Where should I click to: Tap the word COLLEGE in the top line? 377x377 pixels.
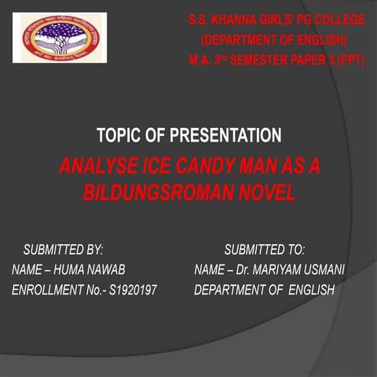click(x=337, y=20)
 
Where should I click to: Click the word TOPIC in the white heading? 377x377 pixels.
click(x=119, y=136)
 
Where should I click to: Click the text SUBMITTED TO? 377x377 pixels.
click(x=264, y=251)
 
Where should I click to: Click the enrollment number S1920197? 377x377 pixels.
click(x=130, y=290)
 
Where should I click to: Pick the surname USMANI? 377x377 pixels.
click(x=322, y=270)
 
